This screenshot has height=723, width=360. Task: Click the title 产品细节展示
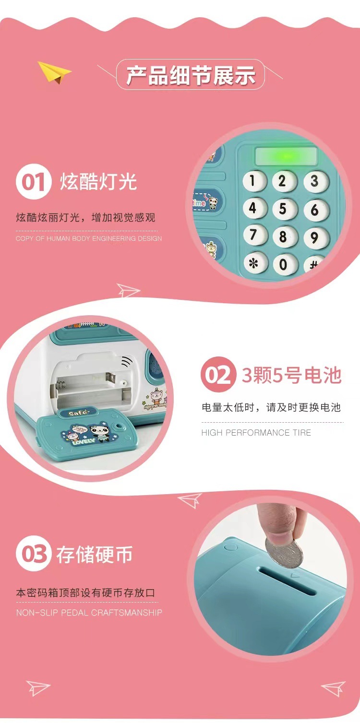pos(191,75)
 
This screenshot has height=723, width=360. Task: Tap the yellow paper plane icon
pos(54,72)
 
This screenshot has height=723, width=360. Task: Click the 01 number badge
pos(33,183)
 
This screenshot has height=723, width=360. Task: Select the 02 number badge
pos(218,375)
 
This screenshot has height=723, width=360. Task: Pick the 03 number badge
pos(33,555)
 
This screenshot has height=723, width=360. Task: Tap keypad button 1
pos(254,181)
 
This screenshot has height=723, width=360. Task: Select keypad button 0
pos(283,264)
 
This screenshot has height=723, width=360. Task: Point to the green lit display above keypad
pos(286,156)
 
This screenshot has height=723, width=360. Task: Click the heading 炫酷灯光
pos(98,182)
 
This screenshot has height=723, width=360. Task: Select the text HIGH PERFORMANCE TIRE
pos(256,433)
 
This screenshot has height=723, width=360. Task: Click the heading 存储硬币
pos(94,555)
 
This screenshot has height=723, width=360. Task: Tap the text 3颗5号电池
pos(291,375)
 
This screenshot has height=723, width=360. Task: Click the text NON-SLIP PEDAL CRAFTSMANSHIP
pos(89,613)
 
